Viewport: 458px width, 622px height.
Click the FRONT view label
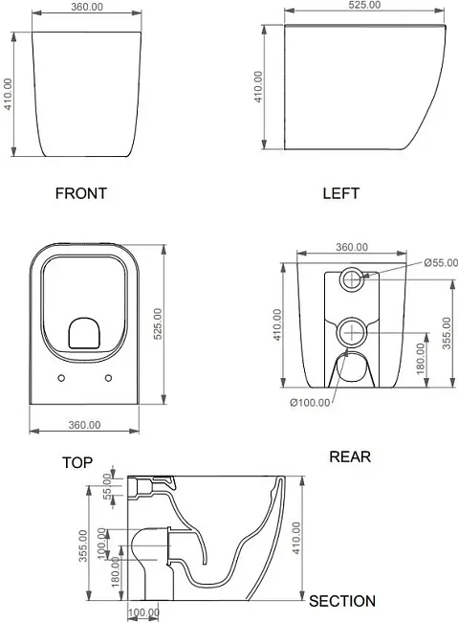[81, 193]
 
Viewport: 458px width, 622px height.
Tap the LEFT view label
[340, 193]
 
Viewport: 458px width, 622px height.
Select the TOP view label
[77, 462]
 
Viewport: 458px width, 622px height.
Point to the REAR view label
[350, 456]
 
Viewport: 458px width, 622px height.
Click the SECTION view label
[342, 601]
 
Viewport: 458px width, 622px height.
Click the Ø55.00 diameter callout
[441, 263]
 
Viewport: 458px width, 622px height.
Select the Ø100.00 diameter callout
[310, 403]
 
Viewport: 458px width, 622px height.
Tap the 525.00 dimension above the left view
[364, 5]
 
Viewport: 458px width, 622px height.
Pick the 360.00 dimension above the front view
[87, 7]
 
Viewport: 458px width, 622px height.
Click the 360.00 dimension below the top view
[84, 425]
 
